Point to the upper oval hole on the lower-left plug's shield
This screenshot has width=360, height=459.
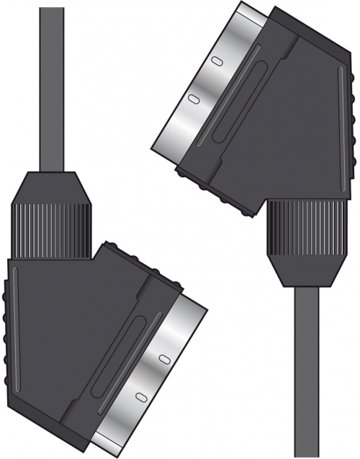tap(164, 357)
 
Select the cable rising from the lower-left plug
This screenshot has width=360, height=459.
tap(52, 86)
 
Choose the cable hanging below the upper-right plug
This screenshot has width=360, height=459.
tap(307, 375)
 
